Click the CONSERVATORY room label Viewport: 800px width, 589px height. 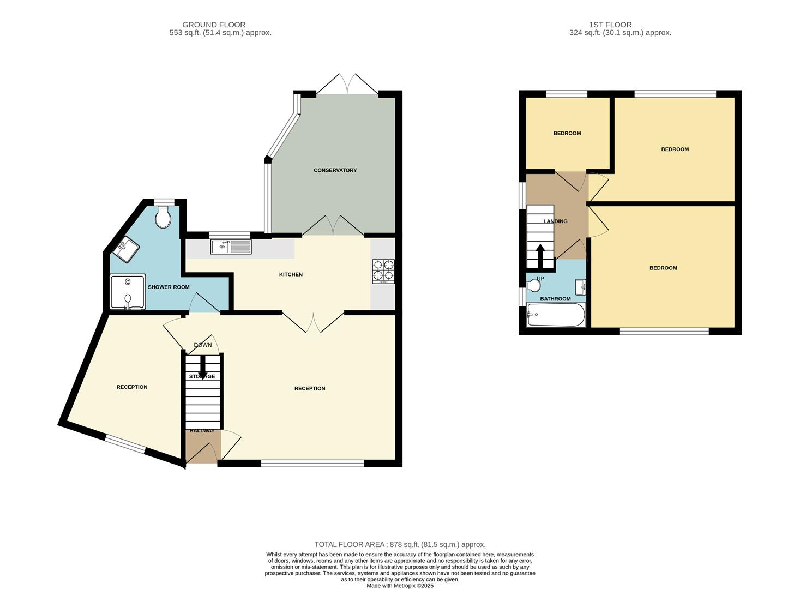335,170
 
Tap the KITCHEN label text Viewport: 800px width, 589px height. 291,274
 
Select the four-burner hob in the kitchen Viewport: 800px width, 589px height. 383,271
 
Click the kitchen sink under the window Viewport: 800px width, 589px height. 231,247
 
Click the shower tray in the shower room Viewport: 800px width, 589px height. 128,292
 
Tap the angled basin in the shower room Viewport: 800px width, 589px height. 127,250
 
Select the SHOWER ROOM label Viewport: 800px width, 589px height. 169,287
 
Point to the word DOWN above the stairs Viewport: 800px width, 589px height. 203,345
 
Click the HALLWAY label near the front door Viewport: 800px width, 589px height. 202,431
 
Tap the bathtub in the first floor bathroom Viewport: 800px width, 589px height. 555,315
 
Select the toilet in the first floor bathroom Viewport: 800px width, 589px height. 534,285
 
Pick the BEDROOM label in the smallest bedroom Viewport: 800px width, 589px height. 567,133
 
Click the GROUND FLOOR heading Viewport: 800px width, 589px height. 214,25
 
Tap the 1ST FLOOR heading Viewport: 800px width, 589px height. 610,25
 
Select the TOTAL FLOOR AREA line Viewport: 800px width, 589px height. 400,544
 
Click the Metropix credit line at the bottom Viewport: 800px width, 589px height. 400,586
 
